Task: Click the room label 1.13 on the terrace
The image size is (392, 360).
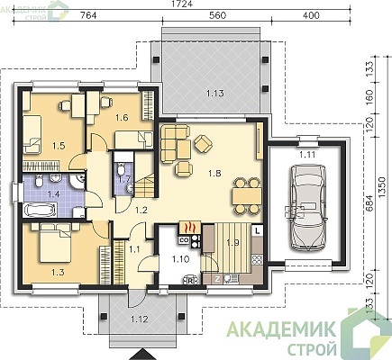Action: click(215, 94)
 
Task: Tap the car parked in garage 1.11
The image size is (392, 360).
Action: click(307, 207)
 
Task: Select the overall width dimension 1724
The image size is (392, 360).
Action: click(182, 4)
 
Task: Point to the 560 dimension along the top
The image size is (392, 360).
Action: click(217, 15)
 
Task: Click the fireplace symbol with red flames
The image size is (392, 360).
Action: click(190, 229)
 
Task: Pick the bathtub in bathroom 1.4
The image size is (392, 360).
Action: click(40, 210)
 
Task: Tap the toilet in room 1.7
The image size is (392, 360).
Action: click(121, 169)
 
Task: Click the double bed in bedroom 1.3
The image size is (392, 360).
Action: click(56, 242)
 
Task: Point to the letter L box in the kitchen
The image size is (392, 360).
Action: click(257, 230)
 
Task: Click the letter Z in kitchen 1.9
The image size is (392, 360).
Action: click(217, 279)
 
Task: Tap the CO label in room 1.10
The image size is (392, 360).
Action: click(183, 240)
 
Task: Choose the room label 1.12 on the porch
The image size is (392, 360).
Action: click(139, 319)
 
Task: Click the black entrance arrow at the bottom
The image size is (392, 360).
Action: click(144, 355)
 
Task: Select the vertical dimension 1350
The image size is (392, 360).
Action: click(381, 187)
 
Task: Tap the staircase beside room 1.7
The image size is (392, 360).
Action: click(145, 186)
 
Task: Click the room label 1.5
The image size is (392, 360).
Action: click(59, 146)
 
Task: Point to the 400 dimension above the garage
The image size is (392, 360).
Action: click(311, 15)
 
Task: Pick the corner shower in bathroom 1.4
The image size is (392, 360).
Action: click(77, 181)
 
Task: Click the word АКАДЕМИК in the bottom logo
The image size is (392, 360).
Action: click(281, 330)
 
